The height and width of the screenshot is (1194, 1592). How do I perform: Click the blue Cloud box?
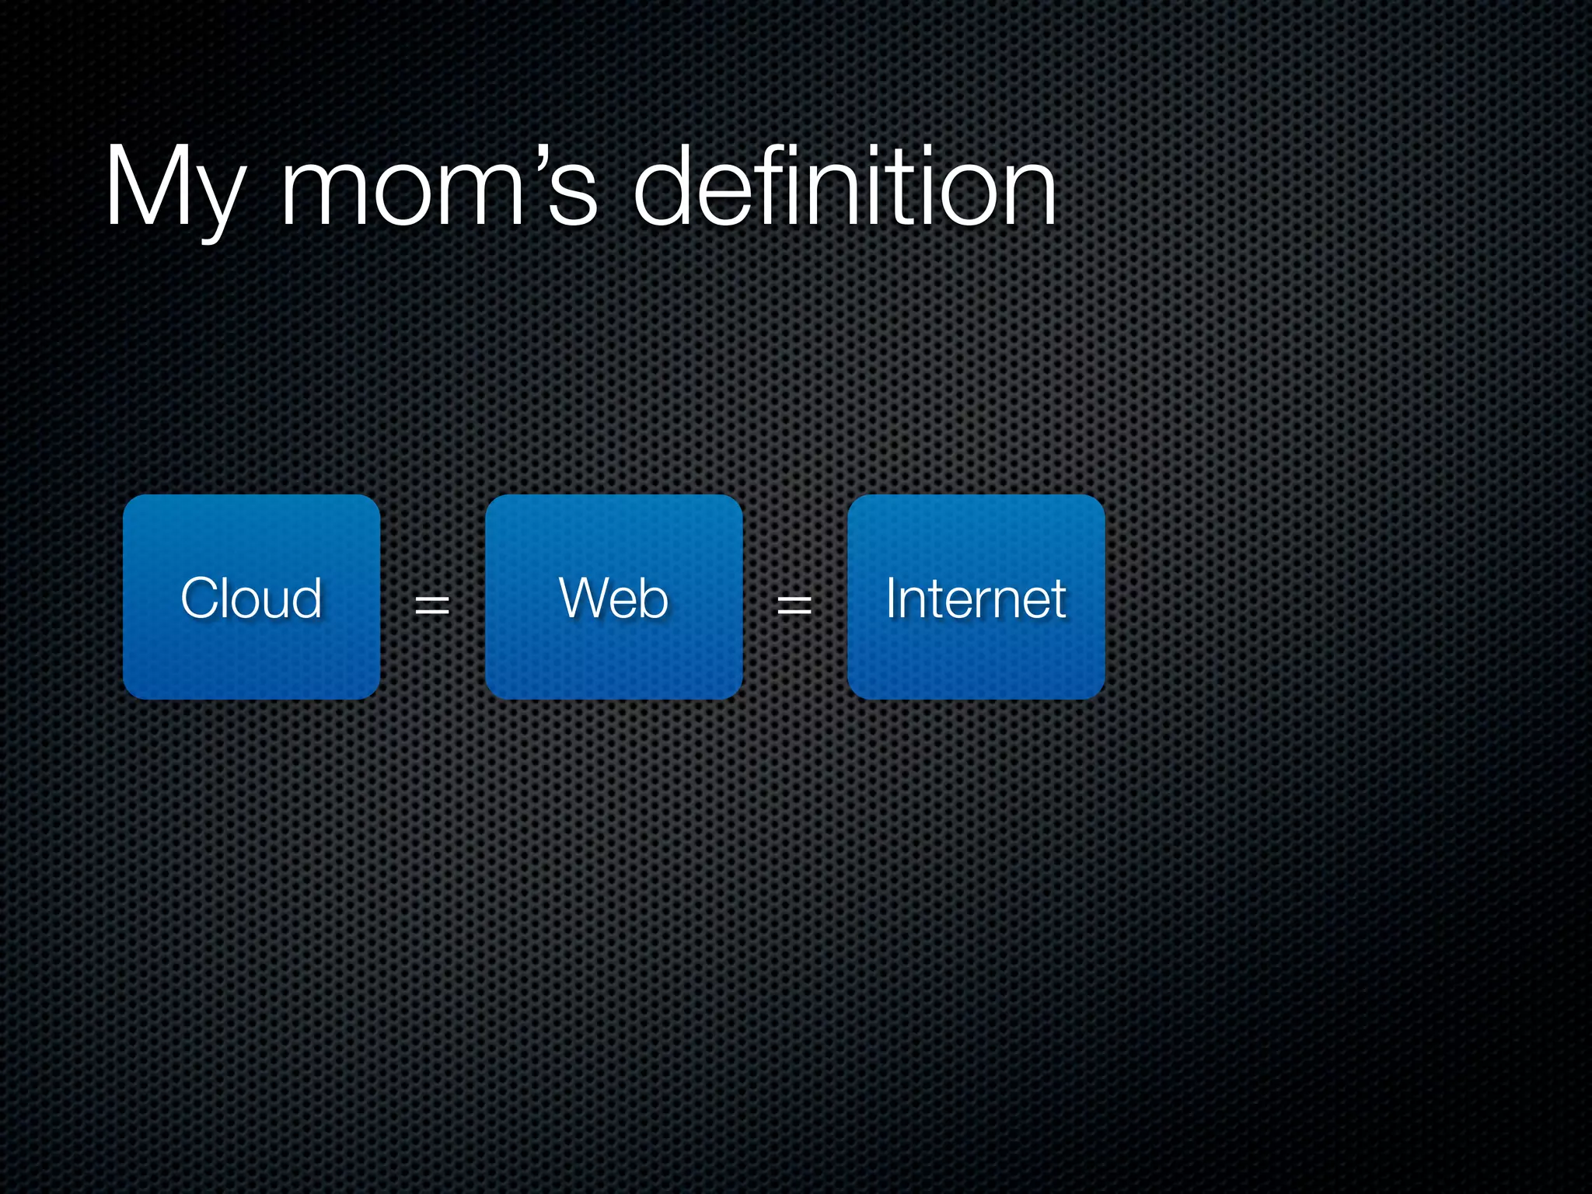click(251, 597)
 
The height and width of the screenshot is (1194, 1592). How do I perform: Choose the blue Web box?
click(613, 597)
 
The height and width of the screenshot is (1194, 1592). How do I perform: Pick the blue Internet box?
click(976, 597)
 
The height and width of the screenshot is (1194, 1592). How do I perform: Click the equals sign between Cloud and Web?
click(432, 604)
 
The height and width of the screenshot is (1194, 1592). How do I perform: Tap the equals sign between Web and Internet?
click(794, 604)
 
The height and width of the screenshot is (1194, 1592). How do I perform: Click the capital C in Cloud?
click(201, 598)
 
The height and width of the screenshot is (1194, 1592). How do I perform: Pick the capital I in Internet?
click(892, 598)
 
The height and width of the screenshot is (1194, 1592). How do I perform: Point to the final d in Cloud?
click(308, 598)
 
